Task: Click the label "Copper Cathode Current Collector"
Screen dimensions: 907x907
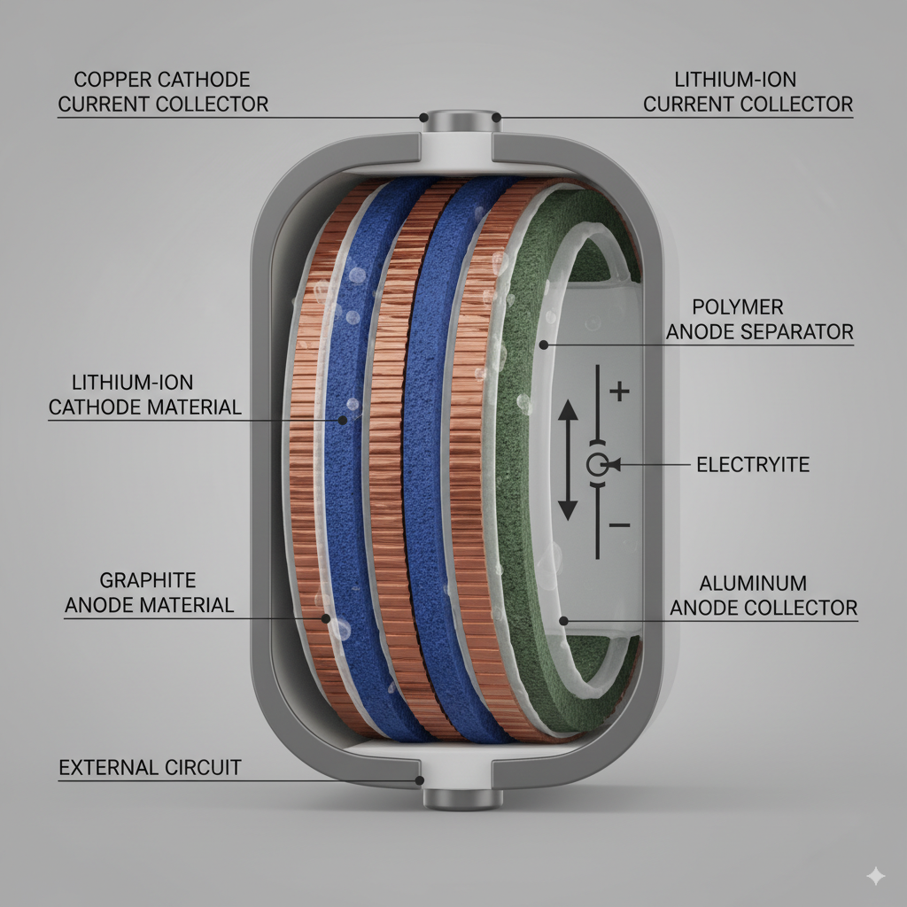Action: click(x=163, y=92)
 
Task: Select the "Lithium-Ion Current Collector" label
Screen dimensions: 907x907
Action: click(x=748, y=92)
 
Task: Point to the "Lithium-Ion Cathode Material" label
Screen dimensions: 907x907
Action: click(x=144, y=395)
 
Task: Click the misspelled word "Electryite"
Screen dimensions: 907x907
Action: click(x=753, y=464)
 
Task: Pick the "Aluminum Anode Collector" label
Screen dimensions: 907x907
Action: click(x=764, y=596)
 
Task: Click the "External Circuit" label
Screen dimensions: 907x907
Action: click(x=150, y=767)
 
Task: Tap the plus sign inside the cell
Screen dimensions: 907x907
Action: click(x=620, y=391)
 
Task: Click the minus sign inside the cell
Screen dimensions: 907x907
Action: click(x=620, y=525)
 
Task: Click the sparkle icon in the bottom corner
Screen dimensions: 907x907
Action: click(x=876, y=876)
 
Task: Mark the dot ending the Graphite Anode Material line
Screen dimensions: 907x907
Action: click(x=326, y=619)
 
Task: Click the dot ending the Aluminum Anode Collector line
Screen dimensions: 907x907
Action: click(x=563, y=620)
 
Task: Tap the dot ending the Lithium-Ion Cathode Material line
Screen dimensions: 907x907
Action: click(x=341, y=419)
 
